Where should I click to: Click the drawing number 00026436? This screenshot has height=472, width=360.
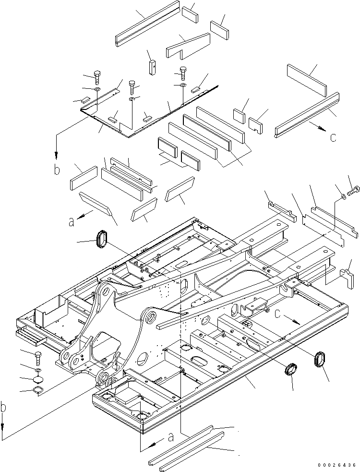point(336,465)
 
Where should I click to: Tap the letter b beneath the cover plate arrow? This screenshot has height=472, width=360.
point(57,170)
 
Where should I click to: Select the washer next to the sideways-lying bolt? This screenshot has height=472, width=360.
point(342,196)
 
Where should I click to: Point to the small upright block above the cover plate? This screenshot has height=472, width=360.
point(153,67)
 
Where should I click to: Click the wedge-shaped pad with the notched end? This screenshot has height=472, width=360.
point(188,45)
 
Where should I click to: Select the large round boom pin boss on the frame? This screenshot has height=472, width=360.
point(150,316)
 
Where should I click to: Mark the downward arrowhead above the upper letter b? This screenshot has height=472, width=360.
point(57,155)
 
